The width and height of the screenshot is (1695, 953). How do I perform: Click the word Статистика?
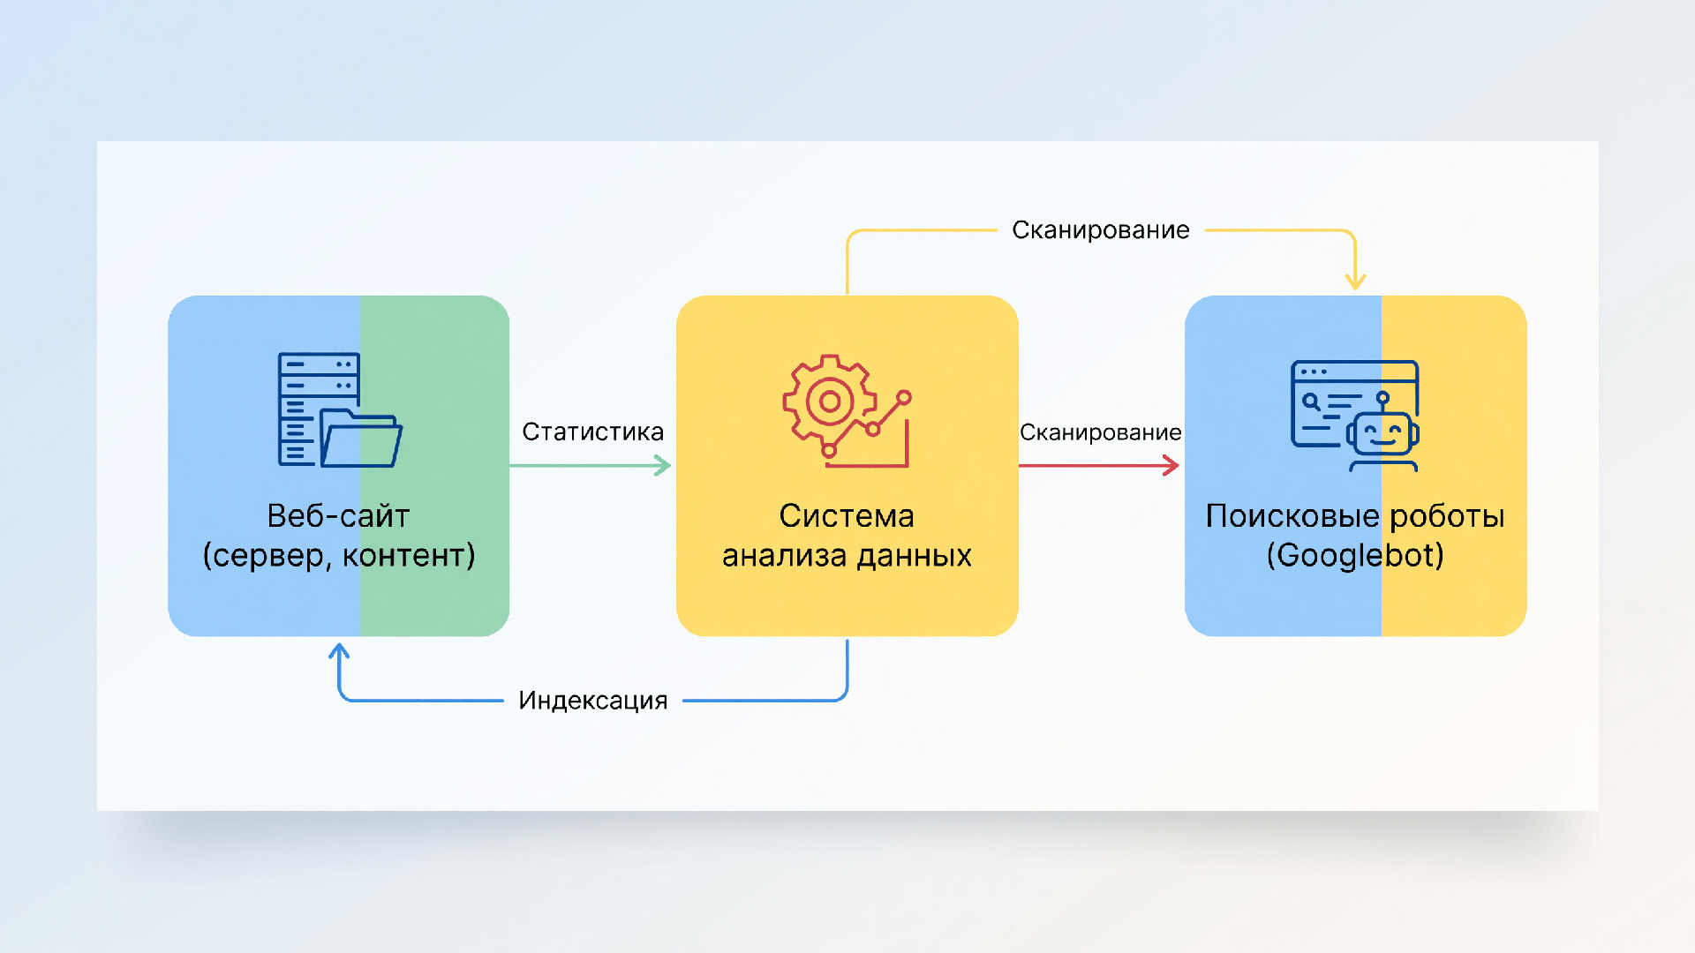tap(592, 431)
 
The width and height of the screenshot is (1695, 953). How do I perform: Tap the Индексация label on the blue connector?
tap(593, 701)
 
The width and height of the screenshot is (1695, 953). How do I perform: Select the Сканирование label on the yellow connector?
tap(1101, 230)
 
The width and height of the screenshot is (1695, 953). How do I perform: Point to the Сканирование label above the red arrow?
tap(1100, 432)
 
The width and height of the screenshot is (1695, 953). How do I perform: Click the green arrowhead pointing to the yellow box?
tap(662, 465)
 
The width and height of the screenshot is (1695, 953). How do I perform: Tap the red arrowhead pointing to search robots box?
tap(1171, 465)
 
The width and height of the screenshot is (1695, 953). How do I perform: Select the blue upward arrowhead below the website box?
tap(339, 652)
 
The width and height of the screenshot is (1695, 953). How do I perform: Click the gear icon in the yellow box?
tap(829, 401)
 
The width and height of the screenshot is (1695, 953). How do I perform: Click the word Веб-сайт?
tap(339, 516)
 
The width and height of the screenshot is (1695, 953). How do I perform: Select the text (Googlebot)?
tap(1355, 556)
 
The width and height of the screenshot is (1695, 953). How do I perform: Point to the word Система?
tap(847, 516)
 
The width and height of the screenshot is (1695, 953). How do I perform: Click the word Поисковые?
tap(1292, 516)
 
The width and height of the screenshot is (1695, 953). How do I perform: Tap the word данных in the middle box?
tap(915, 557)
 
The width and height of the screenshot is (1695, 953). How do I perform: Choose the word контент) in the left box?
tap(409, 556)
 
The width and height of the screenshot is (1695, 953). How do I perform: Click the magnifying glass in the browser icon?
tap(1312, 402)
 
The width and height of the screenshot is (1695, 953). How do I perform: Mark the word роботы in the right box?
tap(1447, 517)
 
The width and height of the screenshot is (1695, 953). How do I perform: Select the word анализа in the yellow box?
tap(785, 557)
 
